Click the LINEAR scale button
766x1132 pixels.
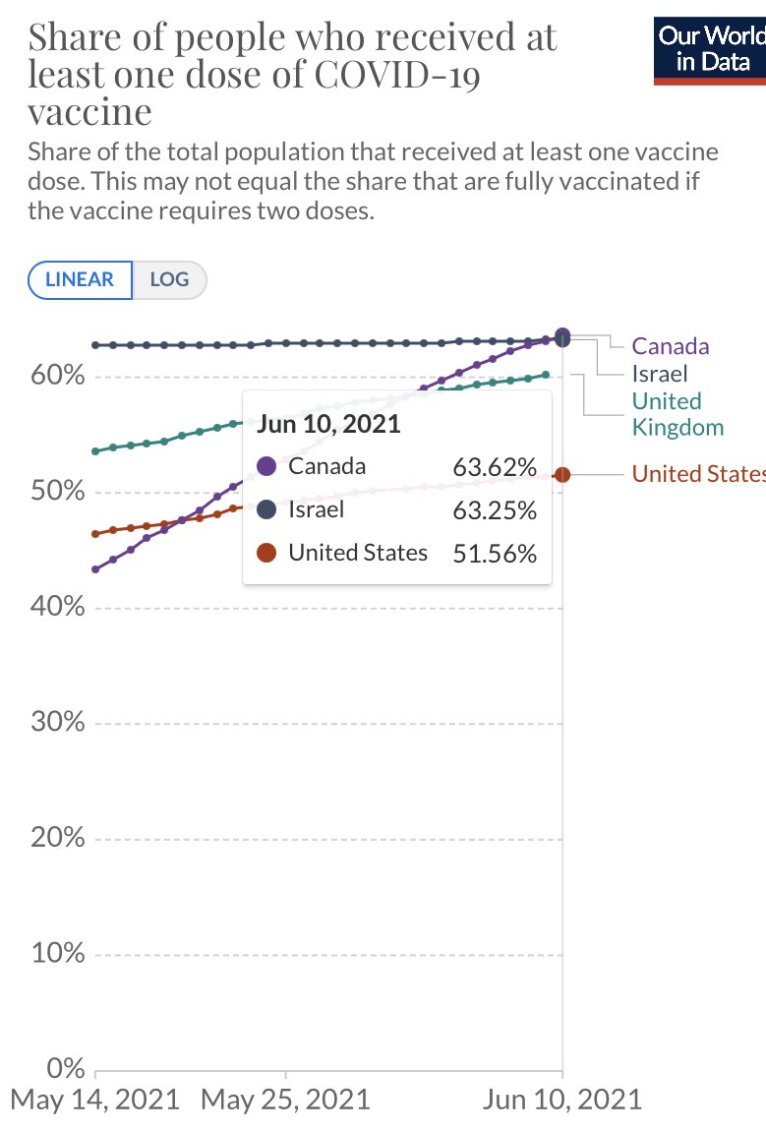point(81,280)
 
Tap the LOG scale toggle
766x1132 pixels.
point(169,280)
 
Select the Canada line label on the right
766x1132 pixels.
point(670,346)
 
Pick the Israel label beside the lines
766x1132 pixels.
point(659,374)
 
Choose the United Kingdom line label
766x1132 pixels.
point(677,414)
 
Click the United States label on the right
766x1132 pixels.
point(697,474)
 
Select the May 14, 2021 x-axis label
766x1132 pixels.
point(95,1099)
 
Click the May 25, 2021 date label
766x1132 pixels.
point(285,1099)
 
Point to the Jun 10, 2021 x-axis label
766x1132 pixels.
point(561,1099)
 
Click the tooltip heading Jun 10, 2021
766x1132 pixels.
point(328,424)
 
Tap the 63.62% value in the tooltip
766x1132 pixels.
point(495,467)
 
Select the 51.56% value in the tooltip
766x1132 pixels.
point(495,554)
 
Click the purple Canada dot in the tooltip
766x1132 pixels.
point(266,466)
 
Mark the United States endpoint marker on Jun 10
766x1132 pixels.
point(561,475)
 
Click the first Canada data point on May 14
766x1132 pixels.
point(95,569)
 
